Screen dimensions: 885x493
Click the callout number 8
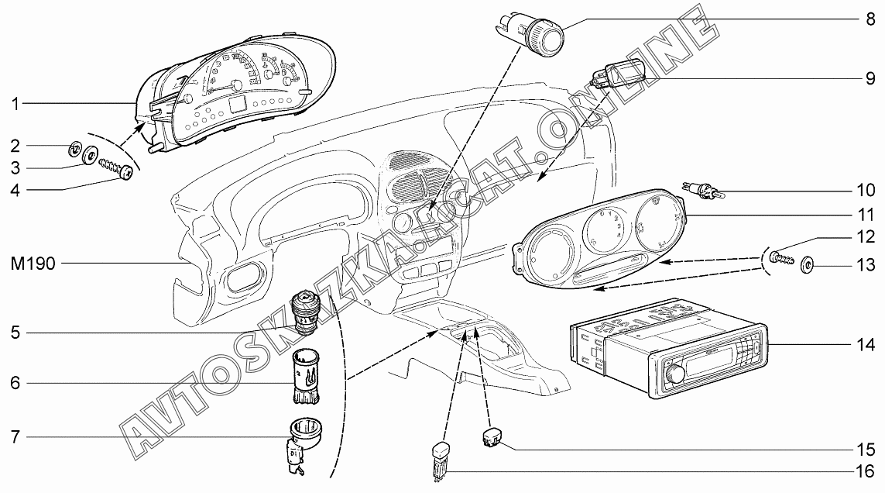click(870, 19)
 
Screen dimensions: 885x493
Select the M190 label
click(33, 264)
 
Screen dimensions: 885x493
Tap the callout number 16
click(865, 471)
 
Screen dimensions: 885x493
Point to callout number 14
click(865, 344)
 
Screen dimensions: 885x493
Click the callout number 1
click(15, 104)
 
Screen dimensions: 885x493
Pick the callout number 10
click(865, 190)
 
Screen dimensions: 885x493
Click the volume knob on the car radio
click(676, 374)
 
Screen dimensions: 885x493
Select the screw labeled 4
click(115, 169)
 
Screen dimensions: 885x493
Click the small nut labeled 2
click(74, 150)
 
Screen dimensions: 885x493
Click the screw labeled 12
click(782, 258)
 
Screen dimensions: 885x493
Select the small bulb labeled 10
click(703, 191)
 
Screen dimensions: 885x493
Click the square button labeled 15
click(492, 438)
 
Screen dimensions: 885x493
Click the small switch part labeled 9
click(617, 74)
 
